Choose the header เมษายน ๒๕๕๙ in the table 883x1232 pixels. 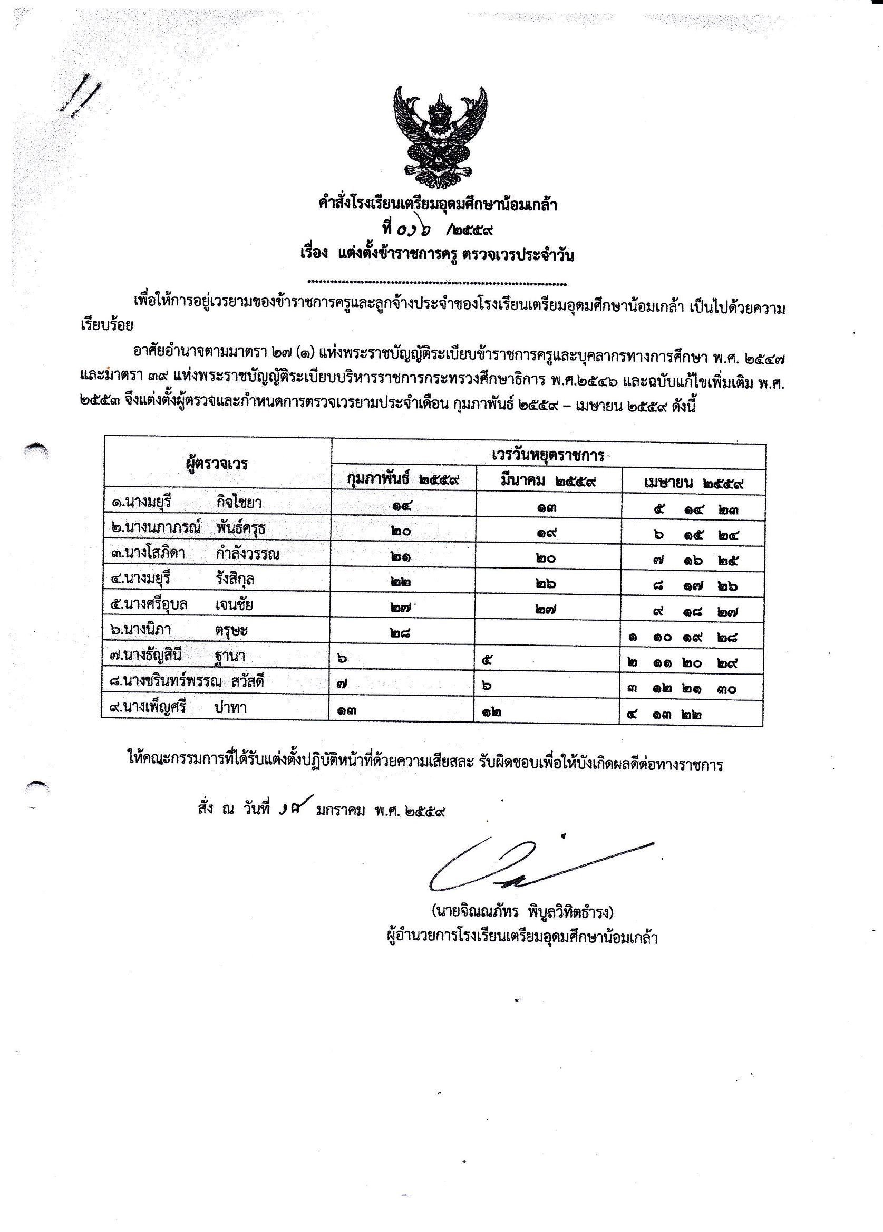tap(693, 483)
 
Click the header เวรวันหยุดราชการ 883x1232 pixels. tap(548, 456)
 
